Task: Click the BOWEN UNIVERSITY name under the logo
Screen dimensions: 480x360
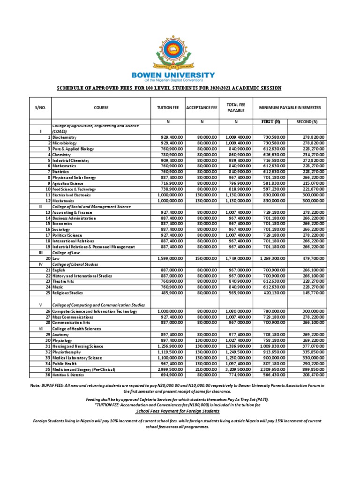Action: (x=180, y=75)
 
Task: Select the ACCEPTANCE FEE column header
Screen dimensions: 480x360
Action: (x=202, y=108)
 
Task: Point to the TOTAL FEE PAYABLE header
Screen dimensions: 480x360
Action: (x=236, y=108)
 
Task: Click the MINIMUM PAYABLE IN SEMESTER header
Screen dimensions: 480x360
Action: (x=291, y=108)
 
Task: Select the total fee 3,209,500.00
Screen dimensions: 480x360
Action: (x=238, y=369)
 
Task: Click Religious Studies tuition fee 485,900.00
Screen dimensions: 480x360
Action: (x=169, y=293)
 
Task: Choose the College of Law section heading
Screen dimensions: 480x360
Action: (x=65, y=253)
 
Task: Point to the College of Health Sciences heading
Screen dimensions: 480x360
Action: (x=77, y=329)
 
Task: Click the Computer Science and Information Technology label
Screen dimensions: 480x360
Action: (x=95, y=311)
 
